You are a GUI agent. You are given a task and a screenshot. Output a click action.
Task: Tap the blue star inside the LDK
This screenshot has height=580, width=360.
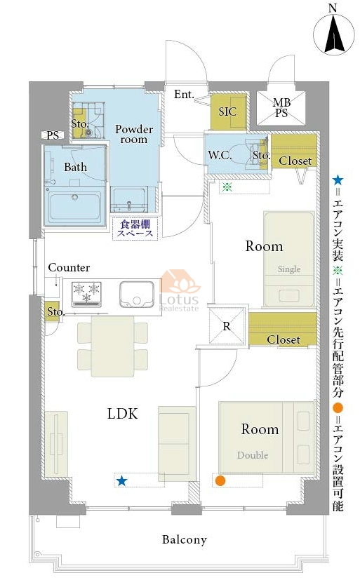point(121,481)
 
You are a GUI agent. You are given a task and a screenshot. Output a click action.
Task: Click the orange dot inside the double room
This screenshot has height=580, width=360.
point(220,480)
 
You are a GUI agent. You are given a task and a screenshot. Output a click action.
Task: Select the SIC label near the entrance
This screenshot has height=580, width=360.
point(227,112)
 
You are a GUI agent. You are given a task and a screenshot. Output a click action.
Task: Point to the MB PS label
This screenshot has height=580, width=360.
point(281,107)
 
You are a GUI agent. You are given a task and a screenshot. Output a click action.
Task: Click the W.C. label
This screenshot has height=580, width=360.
point(220,155)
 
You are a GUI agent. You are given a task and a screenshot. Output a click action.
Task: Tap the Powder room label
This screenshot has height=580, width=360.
point(134,134)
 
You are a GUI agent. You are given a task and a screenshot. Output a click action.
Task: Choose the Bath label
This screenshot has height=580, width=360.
point(76,167)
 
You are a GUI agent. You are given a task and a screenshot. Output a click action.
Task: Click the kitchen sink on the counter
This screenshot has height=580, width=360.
point(137,295)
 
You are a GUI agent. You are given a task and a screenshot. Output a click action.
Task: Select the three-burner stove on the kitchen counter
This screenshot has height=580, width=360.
point(86,295)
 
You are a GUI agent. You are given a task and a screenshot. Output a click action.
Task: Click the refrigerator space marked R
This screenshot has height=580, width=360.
point(227,326)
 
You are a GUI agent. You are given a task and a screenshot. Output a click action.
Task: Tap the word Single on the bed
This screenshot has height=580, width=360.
point(289,269)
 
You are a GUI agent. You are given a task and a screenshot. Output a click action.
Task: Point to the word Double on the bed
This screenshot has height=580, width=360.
point(253,455)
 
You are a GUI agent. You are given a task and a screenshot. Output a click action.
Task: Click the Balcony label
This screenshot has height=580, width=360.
point(185,540)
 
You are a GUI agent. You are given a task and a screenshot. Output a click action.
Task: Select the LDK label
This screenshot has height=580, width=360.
point(123,414)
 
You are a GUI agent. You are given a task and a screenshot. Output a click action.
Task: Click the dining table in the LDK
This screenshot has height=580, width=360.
point(113,346)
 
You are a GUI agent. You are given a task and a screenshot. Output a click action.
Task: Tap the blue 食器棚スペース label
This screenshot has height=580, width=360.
point(135,229)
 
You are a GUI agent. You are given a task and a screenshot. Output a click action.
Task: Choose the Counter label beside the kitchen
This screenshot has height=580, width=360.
point(69,267)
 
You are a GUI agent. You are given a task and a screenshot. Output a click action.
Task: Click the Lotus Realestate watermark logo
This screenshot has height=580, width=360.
point(180,291)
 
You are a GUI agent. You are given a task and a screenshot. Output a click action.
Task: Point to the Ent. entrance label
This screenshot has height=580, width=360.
point(184,94)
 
